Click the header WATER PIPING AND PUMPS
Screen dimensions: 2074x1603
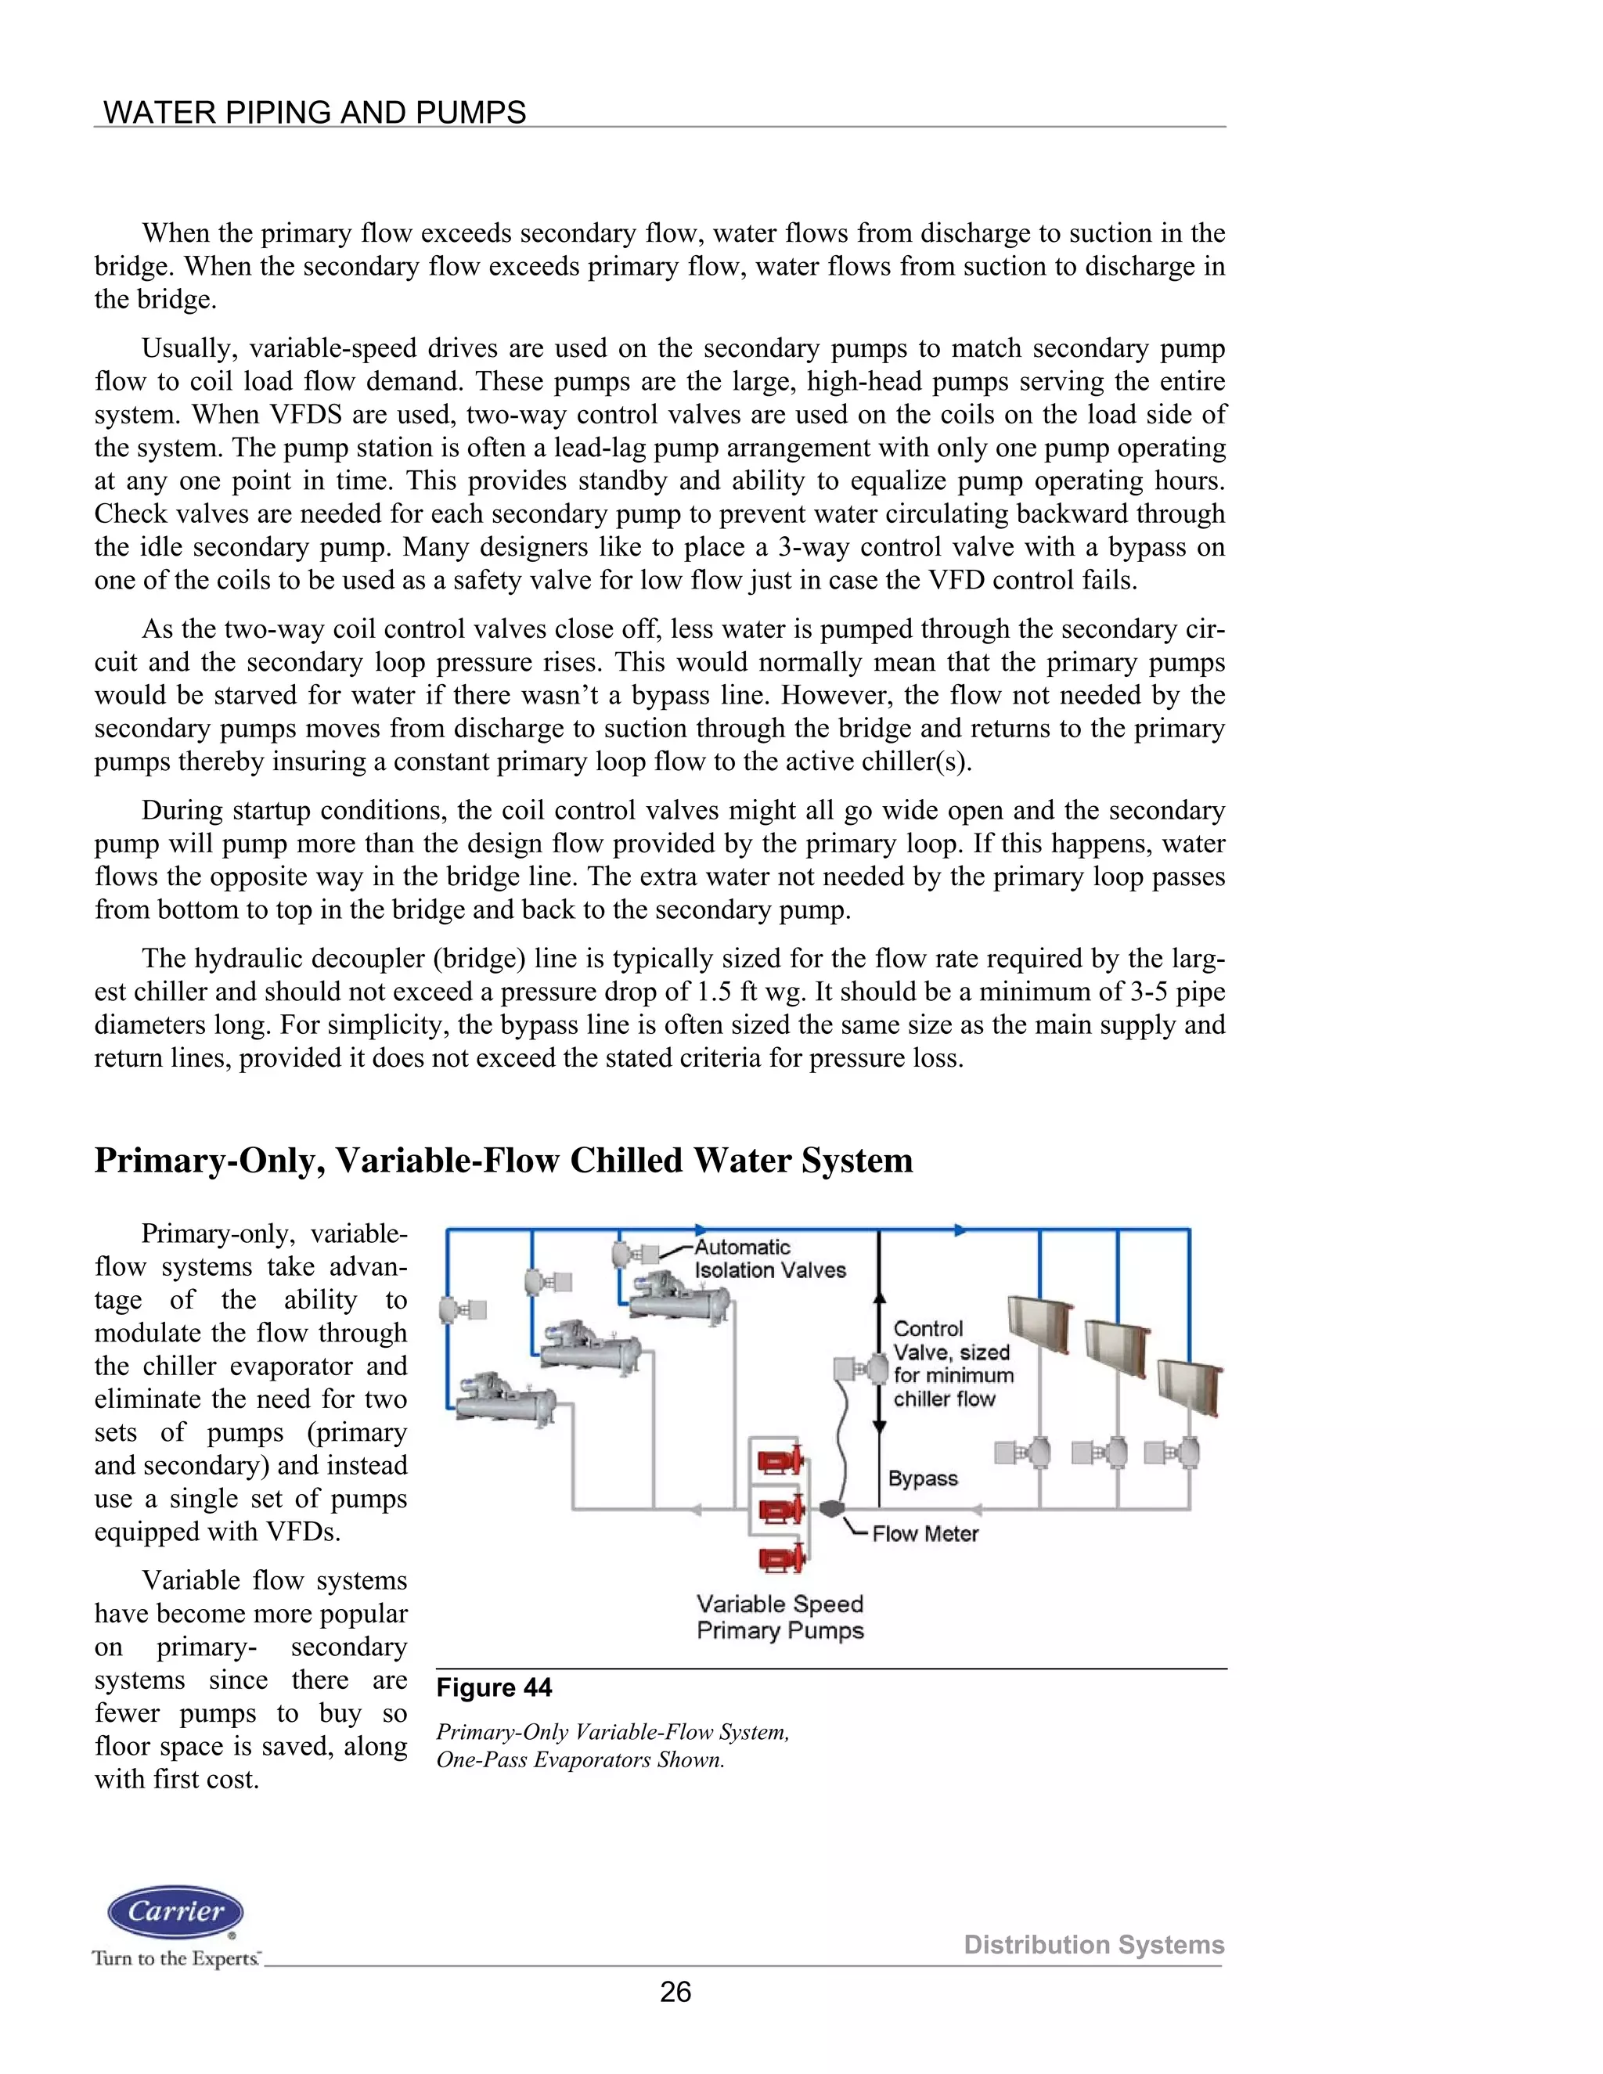(315, 112)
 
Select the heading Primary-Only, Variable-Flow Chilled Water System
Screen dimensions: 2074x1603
(503, 1161)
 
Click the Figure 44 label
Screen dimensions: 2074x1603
(494, 1687)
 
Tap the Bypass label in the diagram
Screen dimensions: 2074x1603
(922, 1478)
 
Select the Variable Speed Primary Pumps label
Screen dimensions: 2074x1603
(780, 1617)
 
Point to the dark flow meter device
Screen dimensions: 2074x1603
(832, 1508)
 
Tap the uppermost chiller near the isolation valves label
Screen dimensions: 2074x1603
(679, 1292)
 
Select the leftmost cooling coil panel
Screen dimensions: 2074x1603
(1040, 1322)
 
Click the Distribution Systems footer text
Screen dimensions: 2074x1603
(1093, 1945)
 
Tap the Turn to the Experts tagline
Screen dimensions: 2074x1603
(175, 1958)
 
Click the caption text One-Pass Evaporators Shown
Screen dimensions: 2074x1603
(579, 1759)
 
